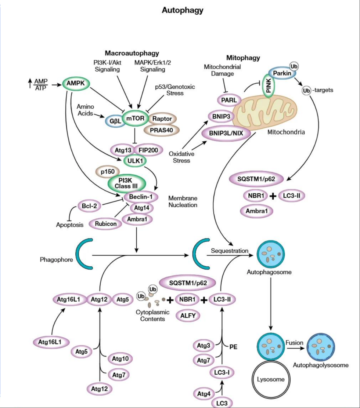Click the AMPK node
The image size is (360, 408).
point(76,84)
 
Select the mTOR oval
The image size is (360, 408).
point(135,118)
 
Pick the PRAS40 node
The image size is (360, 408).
point(161,130)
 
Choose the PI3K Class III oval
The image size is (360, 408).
point(126,183)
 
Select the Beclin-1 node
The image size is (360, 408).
point(141,197)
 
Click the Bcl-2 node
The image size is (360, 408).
point(89,206)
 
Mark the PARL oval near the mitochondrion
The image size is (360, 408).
point(228,100)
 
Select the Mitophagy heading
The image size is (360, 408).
point(243,58)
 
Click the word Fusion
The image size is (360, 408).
point(294,343)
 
